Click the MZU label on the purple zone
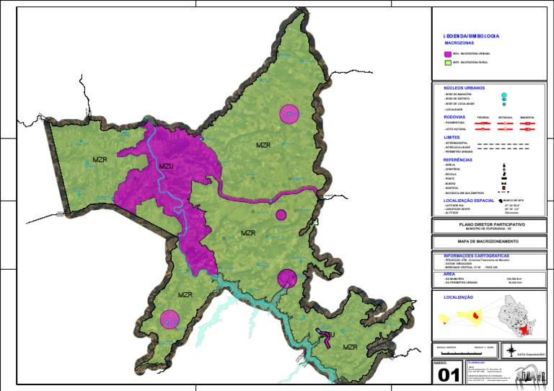(x=167, y=167)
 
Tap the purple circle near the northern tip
(x=289, y=114)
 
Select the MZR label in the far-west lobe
(x=100, y=159)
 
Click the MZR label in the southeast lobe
(x=351, y=347)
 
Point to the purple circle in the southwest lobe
(x=170, y=319)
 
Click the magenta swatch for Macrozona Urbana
(x=447, y=54)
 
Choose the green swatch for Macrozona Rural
(x=447, y=63)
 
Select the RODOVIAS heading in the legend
(x=454, y=116)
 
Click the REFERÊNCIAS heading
(x=458, y=159)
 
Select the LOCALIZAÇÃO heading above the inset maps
(x=459, y=296)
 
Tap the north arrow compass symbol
(x=512, y=351)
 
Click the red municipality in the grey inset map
(x=524, y=329)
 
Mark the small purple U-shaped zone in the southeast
(x=327, y=336)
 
